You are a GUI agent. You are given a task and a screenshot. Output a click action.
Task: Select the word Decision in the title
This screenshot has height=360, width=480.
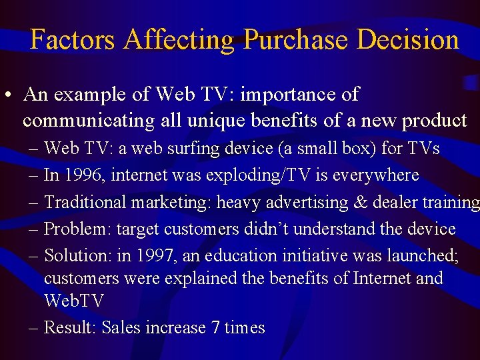(x=408, y=40)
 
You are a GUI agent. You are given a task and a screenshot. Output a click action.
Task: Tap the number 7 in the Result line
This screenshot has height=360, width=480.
(x=215, y=328)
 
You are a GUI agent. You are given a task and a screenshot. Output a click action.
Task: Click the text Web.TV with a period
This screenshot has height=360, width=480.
(x=74, y=301)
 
